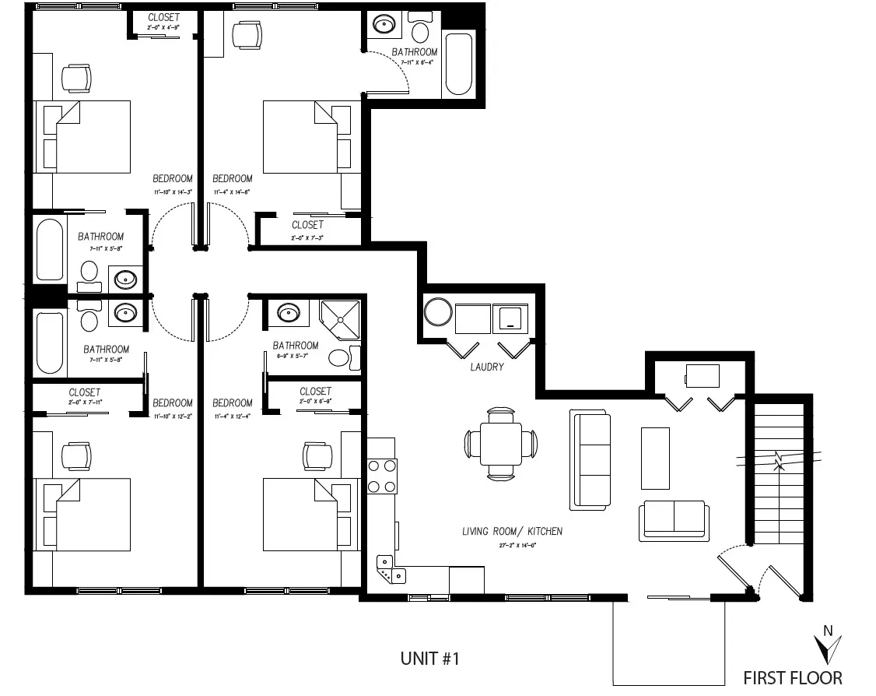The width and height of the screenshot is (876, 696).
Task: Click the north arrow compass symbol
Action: pyautogui.click(x=828, y=646)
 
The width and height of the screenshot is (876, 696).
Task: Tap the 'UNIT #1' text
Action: pyautogui.click(x=430, y=659)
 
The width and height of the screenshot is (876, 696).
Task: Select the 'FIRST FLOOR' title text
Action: pyautogui.click(x=792, y=677)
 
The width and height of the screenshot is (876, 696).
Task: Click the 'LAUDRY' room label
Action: pyautogui.click(x=488, y=367)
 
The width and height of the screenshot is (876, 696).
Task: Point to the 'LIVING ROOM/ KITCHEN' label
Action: pyautogui.click(x=512, y=532)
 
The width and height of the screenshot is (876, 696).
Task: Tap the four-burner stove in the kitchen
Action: pyautogui.click(x=381, y=476)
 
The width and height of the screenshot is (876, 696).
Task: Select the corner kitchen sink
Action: pyautogui.click(x=389, y=569)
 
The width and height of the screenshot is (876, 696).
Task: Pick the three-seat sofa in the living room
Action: pyautogui.click(x=590, y=460)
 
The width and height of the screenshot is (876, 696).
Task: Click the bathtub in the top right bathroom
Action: pyautogui.click(x=457, y=64)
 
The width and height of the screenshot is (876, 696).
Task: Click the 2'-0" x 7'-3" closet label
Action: pyautogui.click(x=308, y=230)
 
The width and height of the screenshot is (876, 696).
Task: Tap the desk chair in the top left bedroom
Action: pyautogui.click(x=76, y=77)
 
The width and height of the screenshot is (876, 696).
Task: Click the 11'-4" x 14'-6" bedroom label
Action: pyautogui.click(x=233, y=184)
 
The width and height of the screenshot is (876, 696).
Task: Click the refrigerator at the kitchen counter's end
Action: pyautogui.click(x=467, y=581)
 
